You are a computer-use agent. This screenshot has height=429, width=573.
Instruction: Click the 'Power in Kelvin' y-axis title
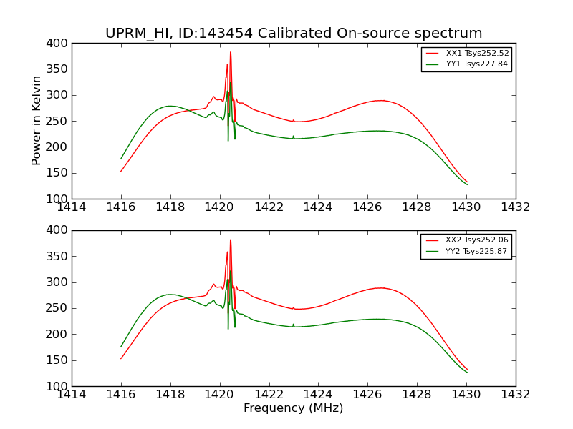point(37,121)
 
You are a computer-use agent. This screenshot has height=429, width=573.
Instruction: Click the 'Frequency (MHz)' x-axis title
point(294,408)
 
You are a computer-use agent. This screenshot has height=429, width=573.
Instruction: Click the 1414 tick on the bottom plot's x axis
point(72,393)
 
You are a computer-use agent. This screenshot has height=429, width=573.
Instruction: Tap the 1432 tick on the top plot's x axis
point(515,207)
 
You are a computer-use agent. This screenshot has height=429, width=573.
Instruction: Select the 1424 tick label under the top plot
point(318,207)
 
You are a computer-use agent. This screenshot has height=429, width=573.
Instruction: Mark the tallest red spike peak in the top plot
point(231,52)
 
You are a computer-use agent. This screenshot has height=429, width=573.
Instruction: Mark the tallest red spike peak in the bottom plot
point(231,240)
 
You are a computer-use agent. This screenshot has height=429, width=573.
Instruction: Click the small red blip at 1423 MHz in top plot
point(293,120)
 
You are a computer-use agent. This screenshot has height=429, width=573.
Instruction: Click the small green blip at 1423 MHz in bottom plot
point(293,325)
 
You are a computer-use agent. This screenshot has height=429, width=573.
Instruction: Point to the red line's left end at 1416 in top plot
point(121,171)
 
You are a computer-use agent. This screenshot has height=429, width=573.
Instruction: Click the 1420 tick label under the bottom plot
point(219,393)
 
